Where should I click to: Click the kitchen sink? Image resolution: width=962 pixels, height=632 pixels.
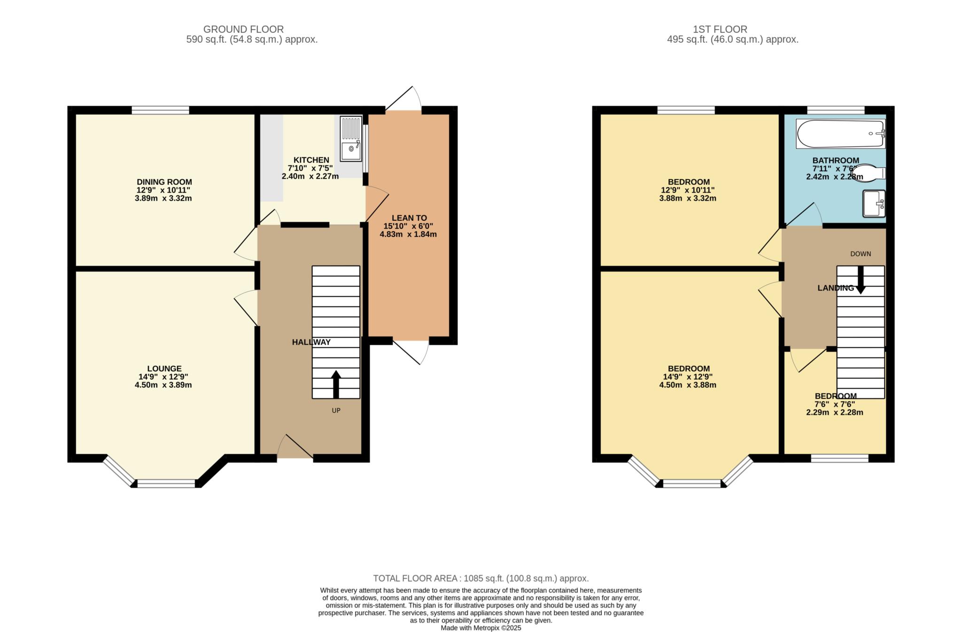351,139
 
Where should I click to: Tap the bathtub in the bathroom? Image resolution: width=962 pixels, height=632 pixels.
840,134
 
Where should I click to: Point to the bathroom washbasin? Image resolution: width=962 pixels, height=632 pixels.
874,203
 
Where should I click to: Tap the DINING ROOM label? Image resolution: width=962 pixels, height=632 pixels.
164,182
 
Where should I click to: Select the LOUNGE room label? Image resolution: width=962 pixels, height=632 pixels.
164,369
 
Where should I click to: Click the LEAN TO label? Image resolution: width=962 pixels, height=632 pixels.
410,218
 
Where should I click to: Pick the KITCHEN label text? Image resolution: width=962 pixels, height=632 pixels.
311,160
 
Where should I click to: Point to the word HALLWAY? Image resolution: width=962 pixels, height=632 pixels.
311,342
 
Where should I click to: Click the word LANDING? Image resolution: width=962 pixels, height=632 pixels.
836,288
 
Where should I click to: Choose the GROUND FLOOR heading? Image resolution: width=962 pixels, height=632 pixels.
243,30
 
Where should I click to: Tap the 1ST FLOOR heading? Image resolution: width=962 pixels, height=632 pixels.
720,30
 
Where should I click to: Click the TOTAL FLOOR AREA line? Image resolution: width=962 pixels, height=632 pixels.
481,578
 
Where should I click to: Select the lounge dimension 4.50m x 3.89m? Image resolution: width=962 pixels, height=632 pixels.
163,385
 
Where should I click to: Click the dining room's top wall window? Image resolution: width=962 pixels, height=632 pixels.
160,110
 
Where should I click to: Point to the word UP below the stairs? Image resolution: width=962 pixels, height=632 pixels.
336,411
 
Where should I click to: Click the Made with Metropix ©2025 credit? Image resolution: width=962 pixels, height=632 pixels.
481,628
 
